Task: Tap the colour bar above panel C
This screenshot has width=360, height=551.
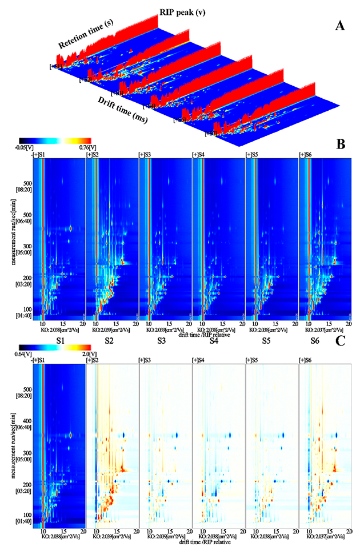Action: [x=55, y=346]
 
